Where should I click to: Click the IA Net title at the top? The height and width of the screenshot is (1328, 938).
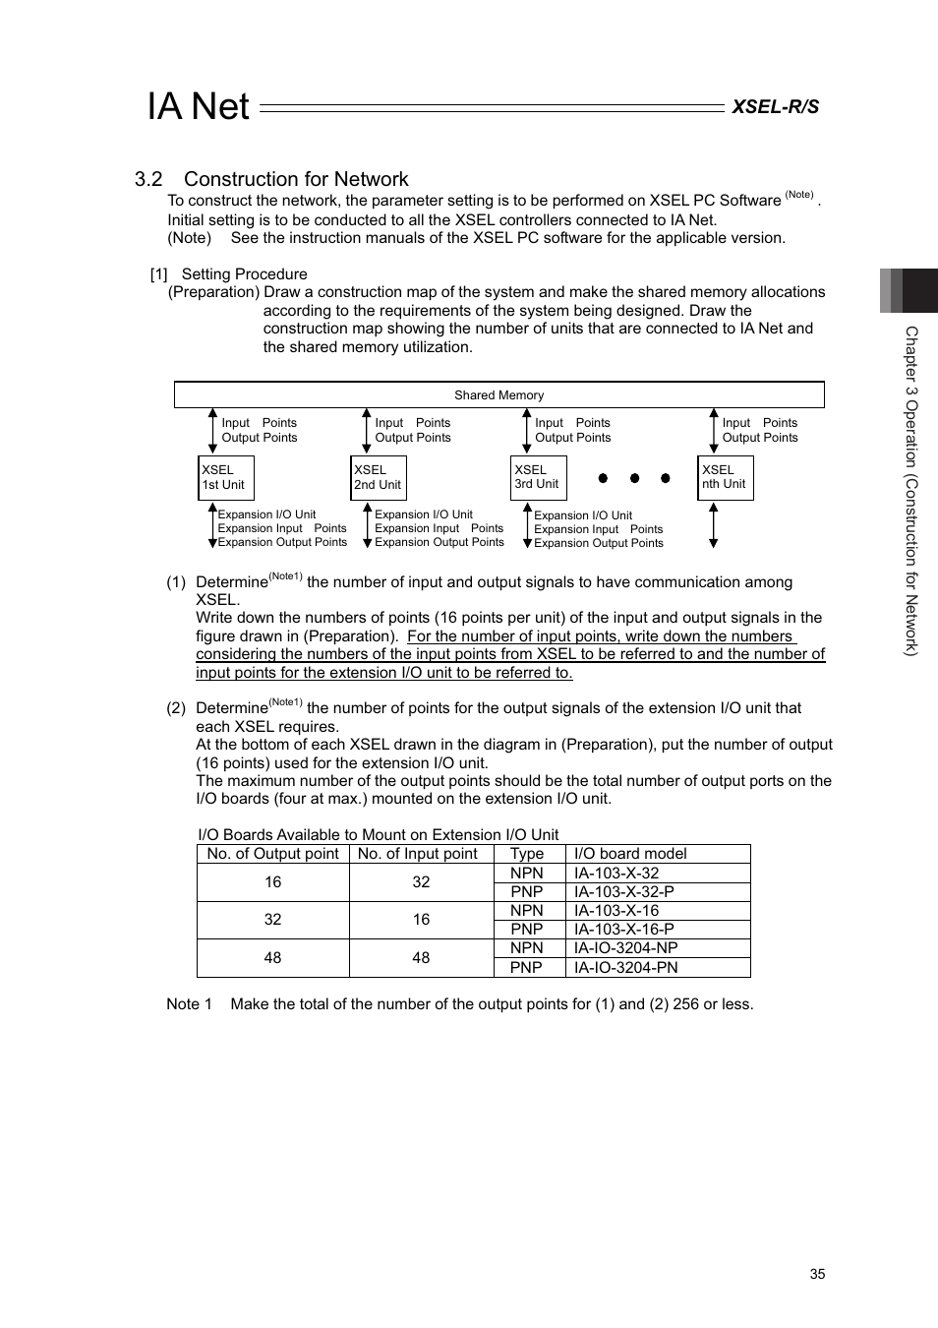coord(199,106)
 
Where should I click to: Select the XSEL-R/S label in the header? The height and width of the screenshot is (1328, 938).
coord(775,106)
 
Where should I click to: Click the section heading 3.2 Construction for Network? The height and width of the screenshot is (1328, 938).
coord(271,179)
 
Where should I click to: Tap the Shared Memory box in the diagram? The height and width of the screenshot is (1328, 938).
coord(498,394)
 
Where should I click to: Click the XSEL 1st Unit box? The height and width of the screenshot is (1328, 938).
coord(226,478)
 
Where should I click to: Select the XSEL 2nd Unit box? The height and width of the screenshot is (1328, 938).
coord(379,478)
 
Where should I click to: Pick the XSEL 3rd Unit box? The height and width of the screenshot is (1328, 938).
coord(539,478)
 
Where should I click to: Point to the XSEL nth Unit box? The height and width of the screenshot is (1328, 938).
coord(726,478)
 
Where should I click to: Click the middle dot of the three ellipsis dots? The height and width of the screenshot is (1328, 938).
coord(634,478)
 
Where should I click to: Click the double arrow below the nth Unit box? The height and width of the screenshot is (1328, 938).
coord(714,525)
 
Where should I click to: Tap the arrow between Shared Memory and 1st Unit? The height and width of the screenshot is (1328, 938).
coord(212,431)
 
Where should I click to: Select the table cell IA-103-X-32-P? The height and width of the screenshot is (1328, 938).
coord(624,892)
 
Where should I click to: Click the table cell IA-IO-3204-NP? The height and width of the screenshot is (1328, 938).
coord(626,948)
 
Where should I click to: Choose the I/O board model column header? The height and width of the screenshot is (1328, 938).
coord(630,854)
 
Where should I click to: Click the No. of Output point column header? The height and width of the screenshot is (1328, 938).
coord(272,854)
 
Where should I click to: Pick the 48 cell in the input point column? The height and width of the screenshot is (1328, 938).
coord(421,958)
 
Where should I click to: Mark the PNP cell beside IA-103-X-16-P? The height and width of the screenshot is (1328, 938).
coord(527,930)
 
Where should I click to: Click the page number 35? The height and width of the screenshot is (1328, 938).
coord(817,1274)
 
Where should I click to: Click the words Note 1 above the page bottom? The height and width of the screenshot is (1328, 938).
coord(189,1004)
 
